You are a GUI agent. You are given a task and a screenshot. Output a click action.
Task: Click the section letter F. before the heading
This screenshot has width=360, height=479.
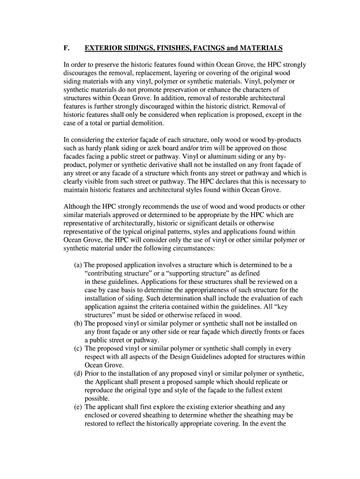pyautogui.click(x=66, y=48)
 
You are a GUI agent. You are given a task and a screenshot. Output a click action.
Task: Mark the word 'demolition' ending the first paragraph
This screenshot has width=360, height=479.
pyautogui.click(x=148, y=123)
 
